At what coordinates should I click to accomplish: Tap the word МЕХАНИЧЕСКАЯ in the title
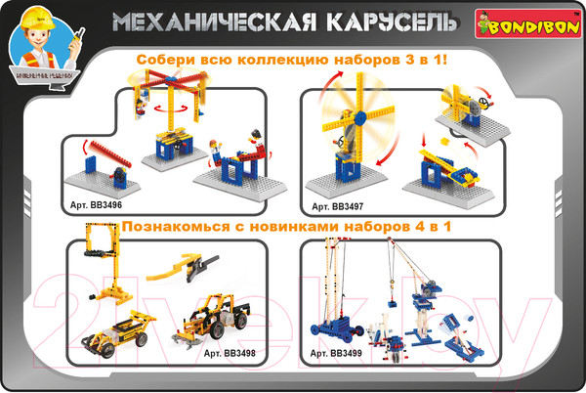point(209,22)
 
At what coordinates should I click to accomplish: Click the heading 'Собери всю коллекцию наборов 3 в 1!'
point(292,61)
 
